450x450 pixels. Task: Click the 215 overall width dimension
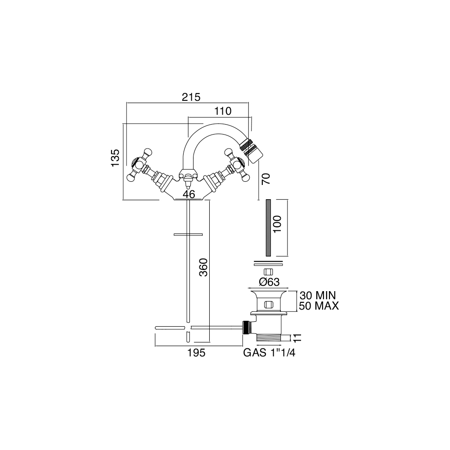coord(191,97)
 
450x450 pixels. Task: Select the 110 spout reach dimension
coord(223,111)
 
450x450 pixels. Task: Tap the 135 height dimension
coord(115,157)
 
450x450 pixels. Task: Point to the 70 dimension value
coord(266,179)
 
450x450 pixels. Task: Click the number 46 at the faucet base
coord(189,194)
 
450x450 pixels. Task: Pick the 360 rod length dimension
coord(203,267)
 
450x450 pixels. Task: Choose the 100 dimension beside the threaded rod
coord(277,224)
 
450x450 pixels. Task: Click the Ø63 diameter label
coord(269,282)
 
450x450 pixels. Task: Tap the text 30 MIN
coord(318,295)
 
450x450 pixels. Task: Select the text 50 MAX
coord(319,306)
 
